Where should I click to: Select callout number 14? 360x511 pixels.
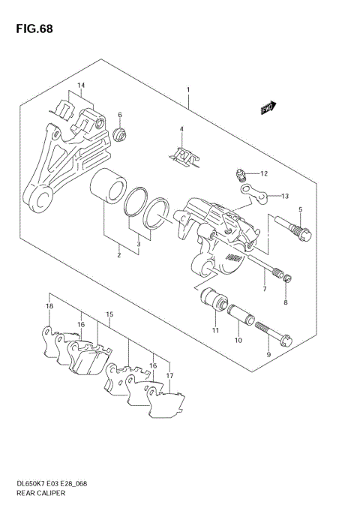point(81,85)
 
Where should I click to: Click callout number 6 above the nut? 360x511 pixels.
point(119,115)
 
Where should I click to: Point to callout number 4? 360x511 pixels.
point(181,130)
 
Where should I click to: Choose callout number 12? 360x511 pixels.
point(264,174)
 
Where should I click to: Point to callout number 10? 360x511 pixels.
point(238,340)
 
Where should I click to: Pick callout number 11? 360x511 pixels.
point(214,331)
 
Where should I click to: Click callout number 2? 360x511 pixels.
point(118,256)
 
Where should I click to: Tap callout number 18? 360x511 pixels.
point(49,307)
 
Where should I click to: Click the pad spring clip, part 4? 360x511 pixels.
point(183,155)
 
